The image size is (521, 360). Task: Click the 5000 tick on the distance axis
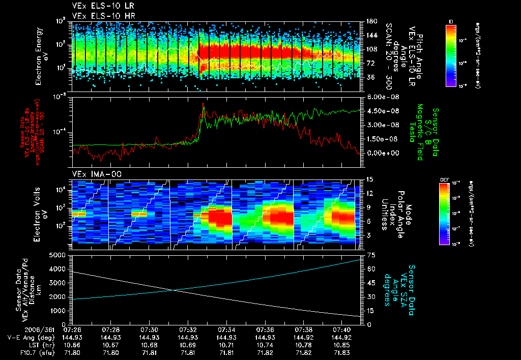pyautogui.click(x=59, y=255)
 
